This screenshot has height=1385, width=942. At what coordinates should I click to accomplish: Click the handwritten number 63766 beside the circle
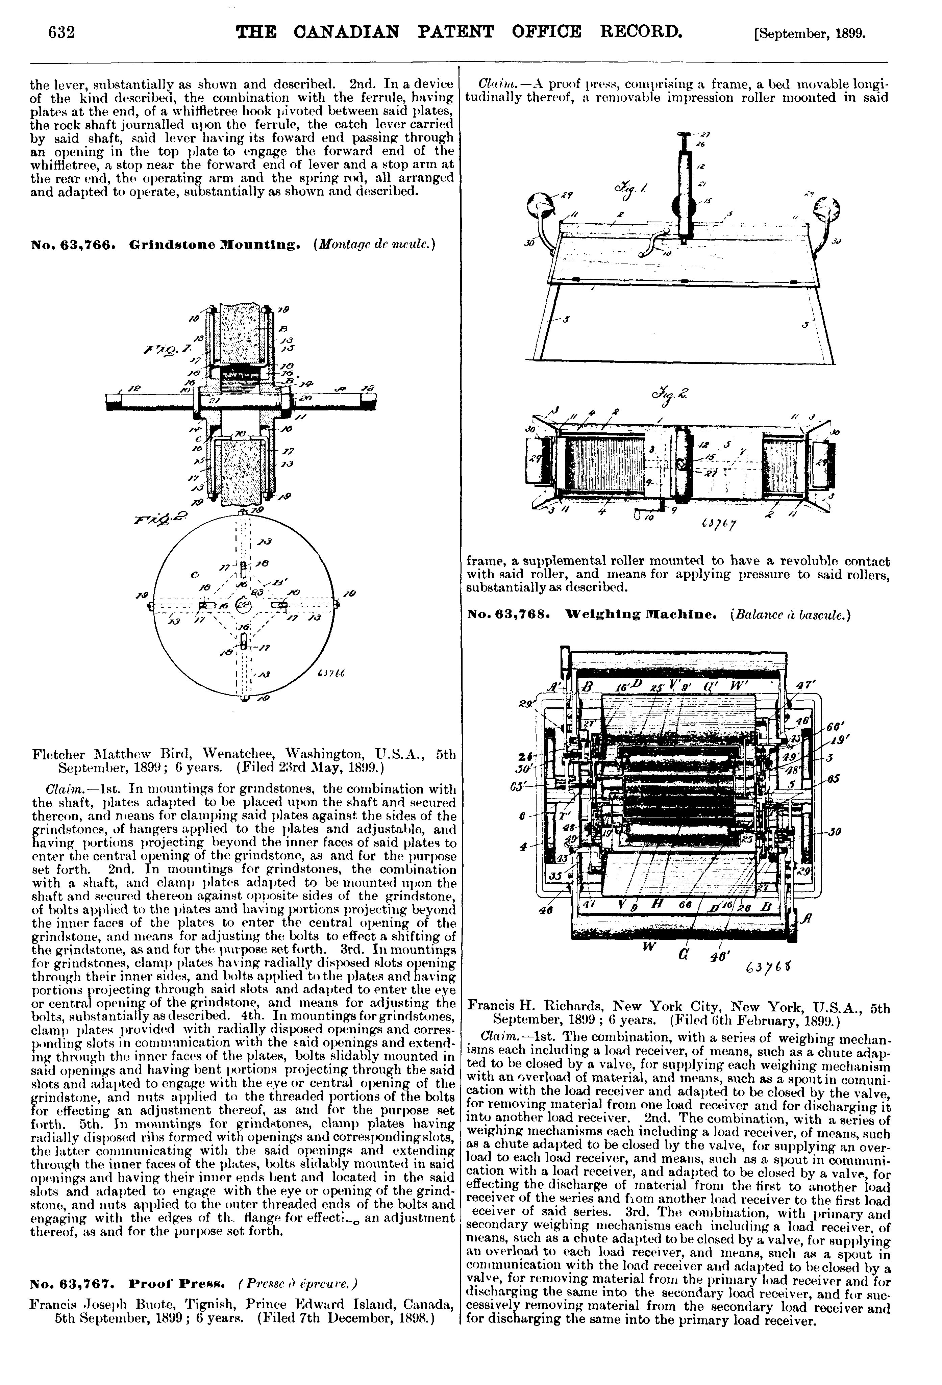tap(333, 674)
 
